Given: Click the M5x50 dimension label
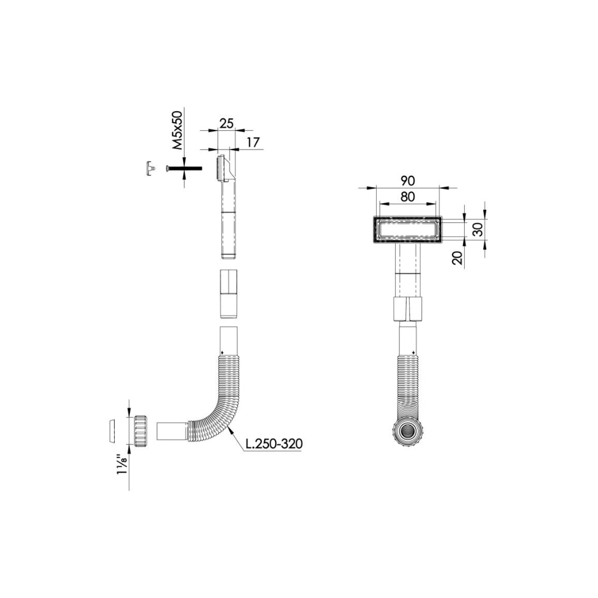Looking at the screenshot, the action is point(178,130).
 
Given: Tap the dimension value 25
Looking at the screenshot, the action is point(226,123).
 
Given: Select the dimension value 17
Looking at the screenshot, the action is point(253,142).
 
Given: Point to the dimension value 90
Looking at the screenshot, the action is point(408,181).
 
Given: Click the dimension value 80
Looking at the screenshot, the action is point(408,197).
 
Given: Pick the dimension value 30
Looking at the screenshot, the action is point(478,229).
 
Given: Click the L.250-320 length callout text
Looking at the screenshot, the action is point(274,444).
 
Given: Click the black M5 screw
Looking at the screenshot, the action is point(184,168).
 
